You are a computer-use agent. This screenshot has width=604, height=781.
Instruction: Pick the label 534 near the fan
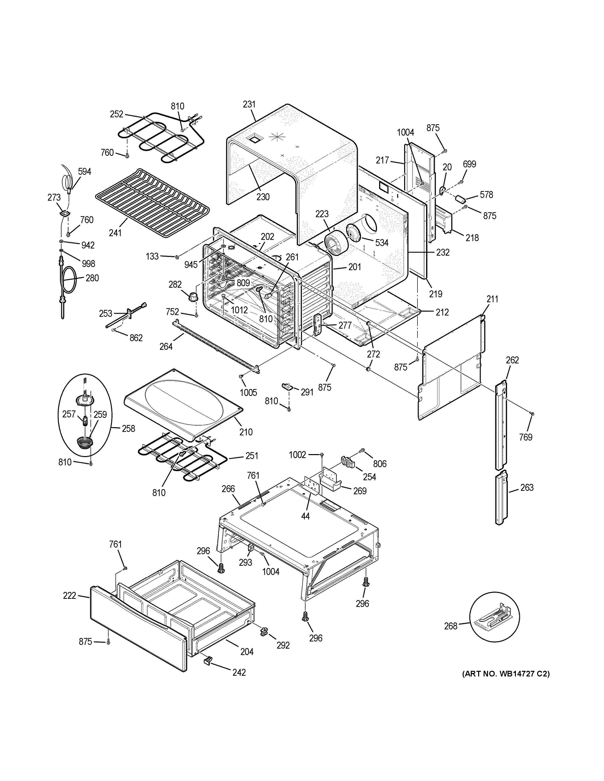coord(382,243)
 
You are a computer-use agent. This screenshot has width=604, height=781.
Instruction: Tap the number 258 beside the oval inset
coord(128,428)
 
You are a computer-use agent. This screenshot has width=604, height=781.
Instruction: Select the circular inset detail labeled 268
coord(494,616)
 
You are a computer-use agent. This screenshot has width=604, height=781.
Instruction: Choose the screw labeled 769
coord(532,413)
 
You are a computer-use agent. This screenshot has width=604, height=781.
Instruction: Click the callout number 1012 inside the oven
coord(239,310)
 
